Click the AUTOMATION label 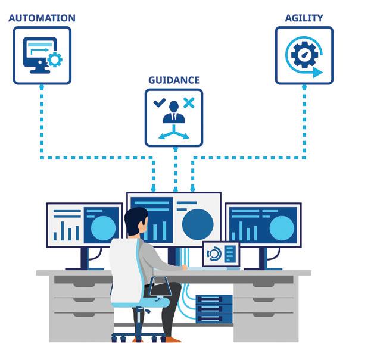41,18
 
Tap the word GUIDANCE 173,80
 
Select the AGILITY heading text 303,18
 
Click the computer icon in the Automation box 40,54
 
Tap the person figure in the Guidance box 174,112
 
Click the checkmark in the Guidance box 159,103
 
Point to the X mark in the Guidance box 189,103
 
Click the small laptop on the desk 220,255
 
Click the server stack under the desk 214,309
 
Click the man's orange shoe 172,339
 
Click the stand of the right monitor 262,258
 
